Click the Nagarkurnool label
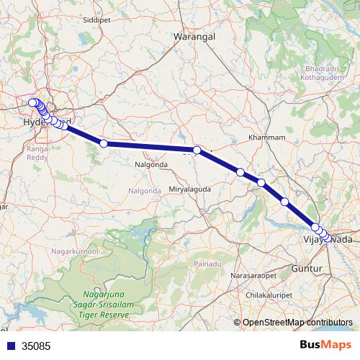[74, 251]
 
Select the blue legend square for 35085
[9, 346]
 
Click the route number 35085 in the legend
[36, 346]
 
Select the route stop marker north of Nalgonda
[104, 144]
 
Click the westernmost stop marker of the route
[32, 103]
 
